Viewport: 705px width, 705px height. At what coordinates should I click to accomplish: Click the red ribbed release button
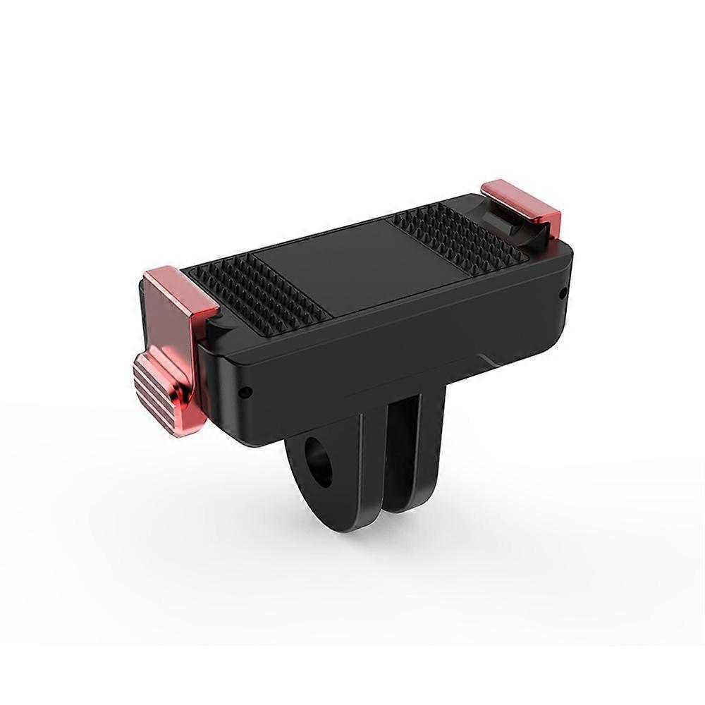161,385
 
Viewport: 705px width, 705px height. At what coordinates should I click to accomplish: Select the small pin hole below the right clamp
561,290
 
